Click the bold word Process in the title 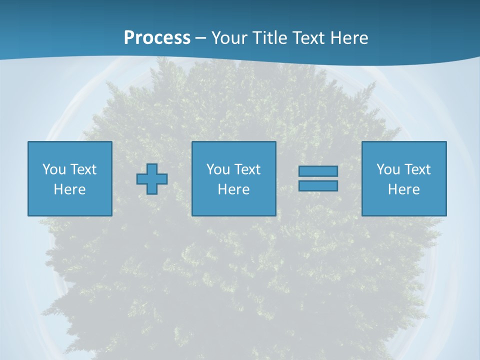coord(157,38)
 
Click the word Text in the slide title coord(309,38)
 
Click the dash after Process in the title coord(201,38)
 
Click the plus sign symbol coord(152,179)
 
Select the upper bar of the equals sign coord(318,171)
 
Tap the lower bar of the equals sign coord(318,185)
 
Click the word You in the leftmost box coord(54,169)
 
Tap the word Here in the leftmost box coord(70,189)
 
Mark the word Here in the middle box coord(234,189)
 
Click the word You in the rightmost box coord(388,169)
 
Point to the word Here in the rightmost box coord(404,189)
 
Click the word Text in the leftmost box coord(83,169)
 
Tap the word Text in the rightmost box coord(417,169)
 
